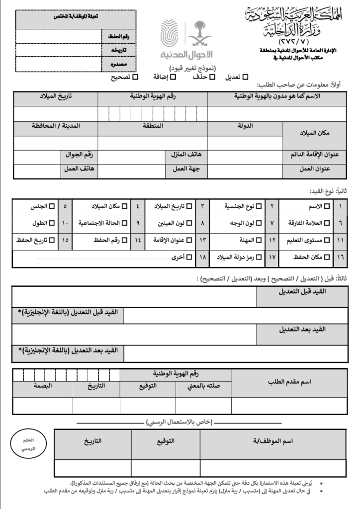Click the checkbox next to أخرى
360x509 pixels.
tap(181, 257)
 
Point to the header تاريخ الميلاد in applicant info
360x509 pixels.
tap(56, 96)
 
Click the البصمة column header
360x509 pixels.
tap(43, 386)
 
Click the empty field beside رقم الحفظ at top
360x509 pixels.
tap(58, 36)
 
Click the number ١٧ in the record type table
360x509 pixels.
tap(271, 257)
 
